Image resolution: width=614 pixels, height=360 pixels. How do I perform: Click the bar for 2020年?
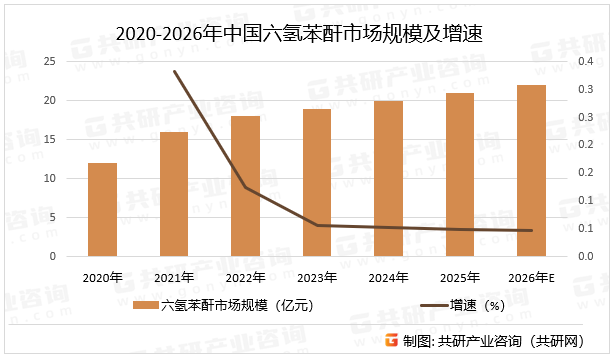(x=102, y=210)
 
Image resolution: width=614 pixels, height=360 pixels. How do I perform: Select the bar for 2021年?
(x=174, y=194)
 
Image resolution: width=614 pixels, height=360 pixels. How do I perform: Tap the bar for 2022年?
(x=245, y=186)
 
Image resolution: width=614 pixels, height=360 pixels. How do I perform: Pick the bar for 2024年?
(x=388, y=179)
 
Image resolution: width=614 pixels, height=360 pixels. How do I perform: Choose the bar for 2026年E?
(x=531, y=171)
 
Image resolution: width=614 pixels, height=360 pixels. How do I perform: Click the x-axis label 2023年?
(x=317, y=277)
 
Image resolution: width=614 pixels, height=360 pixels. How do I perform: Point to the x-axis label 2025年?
(x=459, y=277)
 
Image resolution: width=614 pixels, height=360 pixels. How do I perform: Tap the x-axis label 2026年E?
(x=532, y=277)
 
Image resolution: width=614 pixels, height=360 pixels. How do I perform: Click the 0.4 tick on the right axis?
(x=585, y=62)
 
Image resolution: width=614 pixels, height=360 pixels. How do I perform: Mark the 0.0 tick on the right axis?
(x=585, y=257)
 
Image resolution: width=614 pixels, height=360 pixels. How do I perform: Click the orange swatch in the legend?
(x=146, y=306)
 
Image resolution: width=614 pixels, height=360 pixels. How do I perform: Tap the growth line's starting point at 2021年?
(x=174, y=72)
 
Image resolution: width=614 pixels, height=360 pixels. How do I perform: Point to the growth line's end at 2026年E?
(x=531, y=231)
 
